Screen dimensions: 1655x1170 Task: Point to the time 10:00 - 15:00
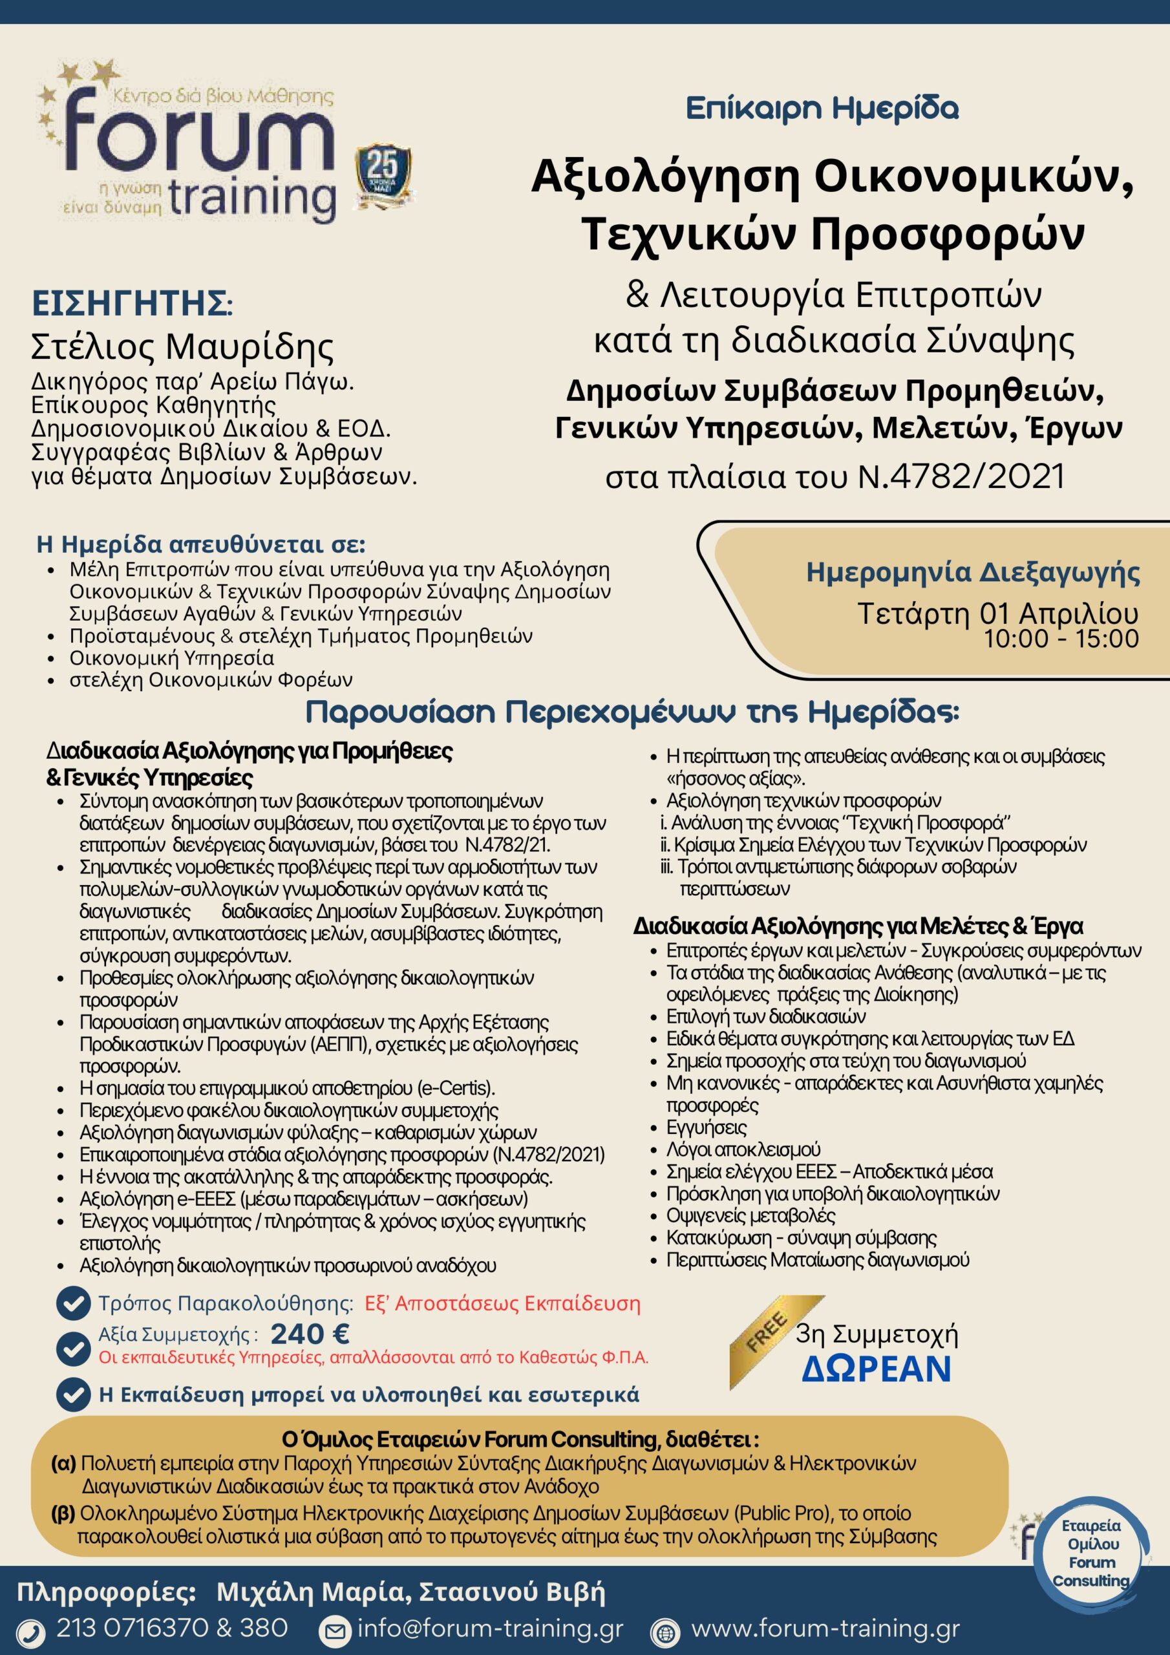pyautogui.click(x=1061, y=639)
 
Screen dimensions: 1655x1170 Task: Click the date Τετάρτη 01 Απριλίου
pyautogui.click(x=997, y=614)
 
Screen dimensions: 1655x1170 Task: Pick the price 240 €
pyautogui.click(x=310, y=1334)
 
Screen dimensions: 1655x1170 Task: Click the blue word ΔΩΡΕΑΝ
pyautogui.click(x=876, y=1369)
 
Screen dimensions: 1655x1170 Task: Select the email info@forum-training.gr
pyautogui.click(x=490, y=1628)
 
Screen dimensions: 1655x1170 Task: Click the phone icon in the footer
pyautogui.click(x=30, y=1630)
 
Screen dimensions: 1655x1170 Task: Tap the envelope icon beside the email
pyautogui.click(x=334, y=1629)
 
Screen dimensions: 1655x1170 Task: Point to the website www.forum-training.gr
pyautogui.click(x=825, y=1628)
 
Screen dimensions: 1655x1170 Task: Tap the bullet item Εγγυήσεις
pyautogui.click(x=696, y=1127)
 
